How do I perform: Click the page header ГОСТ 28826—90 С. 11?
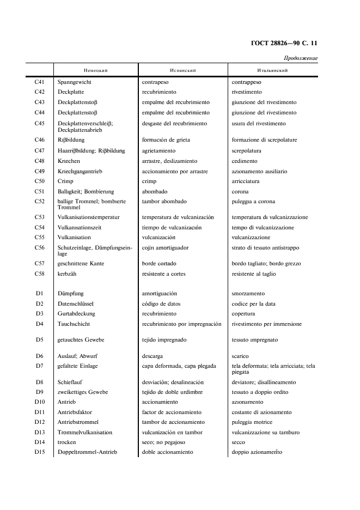coord(285,43)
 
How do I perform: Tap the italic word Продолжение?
coord(300,58)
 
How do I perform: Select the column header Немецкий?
coord(95,71)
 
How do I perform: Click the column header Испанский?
coord(182,71)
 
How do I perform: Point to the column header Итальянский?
coord(272,71)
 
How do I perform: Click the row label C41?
coord(39,82)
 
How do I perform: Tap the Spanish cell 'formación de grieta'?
coord(166,140)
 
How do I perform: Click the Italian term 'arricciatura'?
coord(246,181)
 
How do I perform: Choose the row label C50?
coord(39,181)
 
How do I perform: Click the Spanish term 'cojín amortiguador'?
coord(165,248)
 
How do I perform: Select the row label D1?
coord(39,294)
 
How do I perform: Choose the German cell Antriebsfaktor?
coord(78,412)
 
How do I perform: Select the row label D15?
coord(39,452)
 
